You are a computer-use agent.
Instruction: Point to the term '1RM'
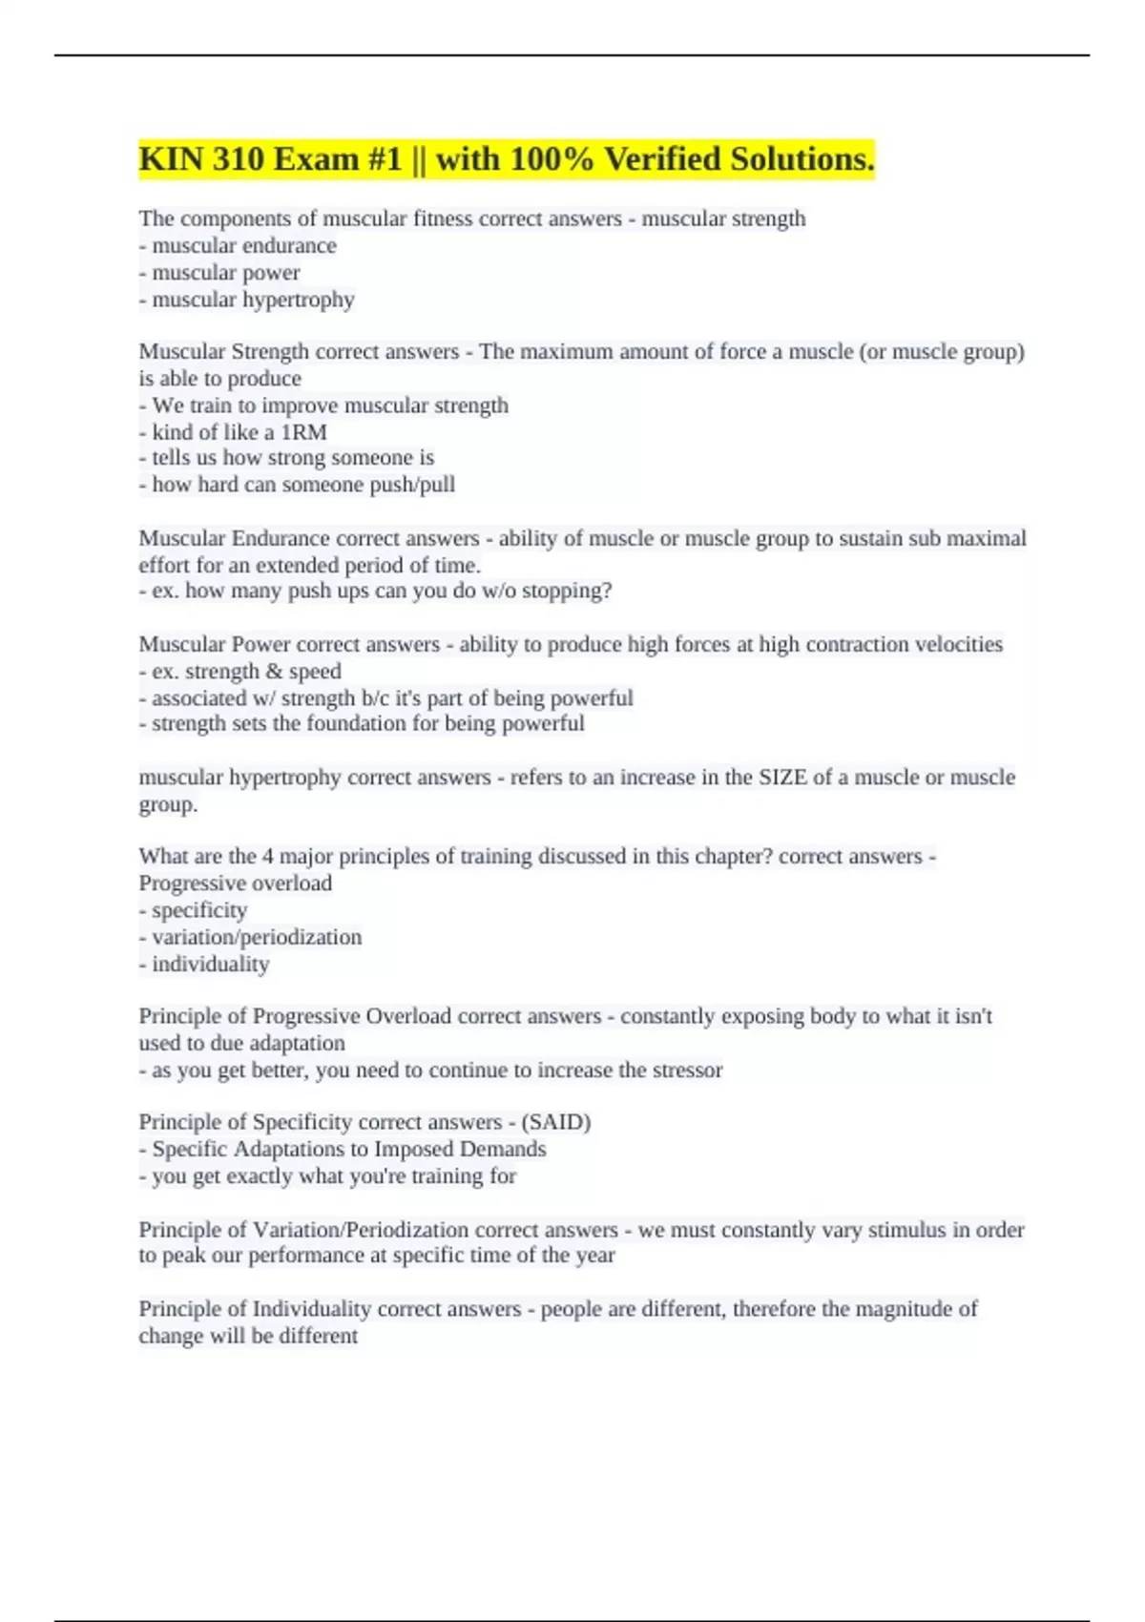303,432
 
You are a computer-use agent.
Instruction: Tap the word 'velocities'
959,645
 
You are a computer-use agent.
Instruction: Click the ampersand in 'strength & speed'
274,672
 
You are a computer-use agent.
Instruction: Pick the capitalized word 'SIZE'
782,778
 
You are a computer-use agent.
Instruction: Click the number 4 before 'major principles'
268,857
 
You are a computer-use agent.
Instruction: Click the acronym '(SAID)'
556,1122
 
